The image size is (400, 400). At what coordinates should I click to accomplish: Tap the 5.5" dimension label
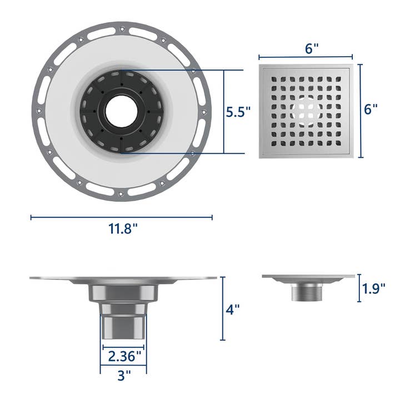(238, 112)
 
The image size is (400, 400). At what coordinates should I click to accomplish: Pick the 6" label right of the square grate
(371, 109)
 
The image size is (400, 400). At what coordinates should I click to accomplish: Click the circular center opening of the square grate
(306, 110)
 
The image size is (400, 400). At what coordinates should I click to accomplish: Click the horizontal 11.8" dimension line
(121, 218)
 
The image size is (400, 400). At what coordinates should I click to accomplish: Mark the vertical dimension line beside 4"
(223, 308)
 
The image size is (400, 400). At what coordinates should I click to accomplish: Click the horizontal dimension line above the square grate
(306, 57)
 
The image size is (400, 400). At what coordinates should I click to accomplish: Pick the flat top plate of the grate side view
(308, 277)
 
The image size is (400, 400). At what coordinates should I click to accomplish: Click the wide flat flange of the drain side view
(56, 278)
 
